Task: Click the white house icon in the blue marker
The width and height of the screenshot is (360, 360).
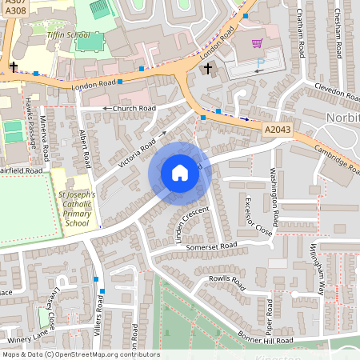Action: coord(180,172)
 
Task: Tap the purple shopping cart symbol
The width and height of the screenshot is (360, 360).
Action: coord(257,44)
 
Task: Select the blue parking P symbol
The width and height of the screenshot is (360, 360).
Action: coord(260,63)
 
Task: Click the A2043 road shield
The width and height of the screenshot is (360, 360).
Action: coord(277,127)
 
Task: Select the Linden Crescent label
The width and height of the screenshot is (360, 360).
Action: coord(189,224)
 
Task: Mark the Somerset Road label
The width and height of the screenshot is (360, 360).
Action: coord(212,246)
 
